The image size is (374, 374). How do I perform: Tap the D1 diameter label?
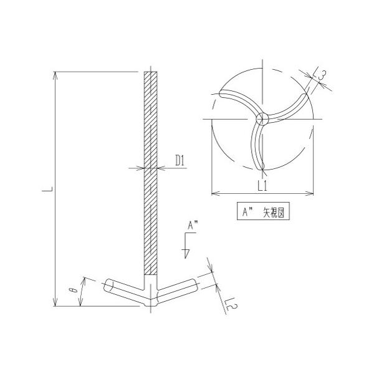[180, 161]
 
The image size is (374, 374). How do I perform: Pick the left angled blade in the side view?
[125, 290]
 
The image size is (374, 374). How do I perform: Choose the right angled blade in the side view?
[180, 290]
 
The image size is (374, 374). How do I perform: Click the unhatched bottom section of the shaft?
[151, 282]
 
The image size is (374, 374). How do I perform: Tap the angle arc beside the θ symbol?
[81, 292]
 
